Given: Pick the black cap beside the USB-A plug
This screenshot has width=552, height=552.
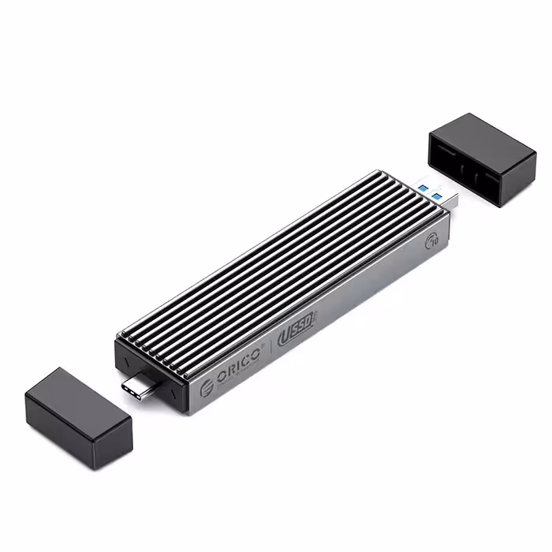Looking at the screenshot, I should coord(482,159).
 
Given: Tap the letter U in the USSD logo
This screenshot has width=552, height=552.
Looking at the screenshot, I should coord(285,334).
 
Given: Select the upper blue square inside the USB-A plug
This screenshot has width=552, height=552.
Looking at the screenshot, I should coord(423,187).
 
